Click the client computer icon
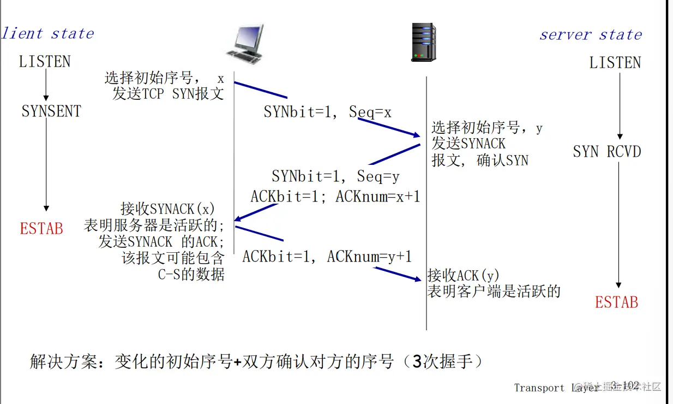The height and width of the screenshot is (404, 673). [x=244, y=44]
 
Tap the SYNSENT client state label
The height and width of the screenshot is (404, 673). [x=51, y=111]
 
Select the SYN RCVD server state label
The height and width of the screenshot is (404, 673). [x=606, y=152]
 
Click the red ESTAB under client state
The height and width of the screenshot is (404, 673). [x=41, y=228]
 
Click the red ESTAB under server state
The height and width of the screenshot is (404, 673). [x=616, y=302]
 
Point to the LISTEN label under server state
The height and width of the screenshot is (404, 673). [x=615, y=63]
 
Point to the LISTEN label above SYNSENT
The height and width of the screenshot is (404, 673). [x=45, y=62]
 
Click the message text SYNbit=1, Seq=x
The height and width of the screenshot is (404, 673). [x=327, y=112]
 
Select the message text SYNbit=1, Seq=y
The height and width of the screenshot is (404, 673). [x=335, y=177]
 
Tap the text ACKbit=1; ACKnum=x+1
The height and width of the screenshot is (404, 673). [x=335, y=196]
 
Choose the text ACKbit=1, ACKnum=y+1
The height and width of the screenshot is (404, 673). [x=327, y=256]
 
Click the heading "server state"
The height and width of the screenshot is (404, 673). [x=591, y=35]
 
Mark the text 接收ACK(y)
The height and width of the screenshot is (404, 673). [x=463, y=275]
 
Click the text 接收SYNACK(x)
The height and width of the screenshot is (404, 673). [x=168, y=209]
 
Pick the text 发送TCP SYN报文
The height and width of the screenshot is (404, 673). [x=168, y=93]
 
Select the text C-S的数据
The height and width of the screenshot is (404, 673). [x=191, y=274]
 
